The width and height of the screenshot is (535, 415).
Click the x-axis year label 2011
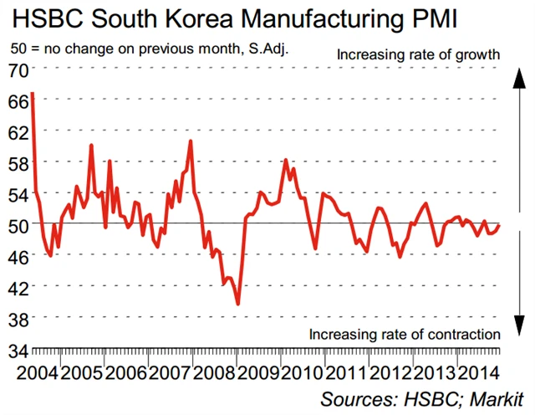tap(351, 370)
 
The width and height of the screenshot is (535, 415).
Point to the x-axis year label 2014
tap(486, 370)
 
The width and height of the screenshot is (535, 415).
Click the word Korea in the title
tap(194, 19)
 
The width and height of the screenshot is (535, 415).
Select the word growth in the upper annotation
tap(477, 54)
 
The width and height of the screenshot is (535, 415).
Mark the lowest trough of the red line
tap(238, 304)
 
